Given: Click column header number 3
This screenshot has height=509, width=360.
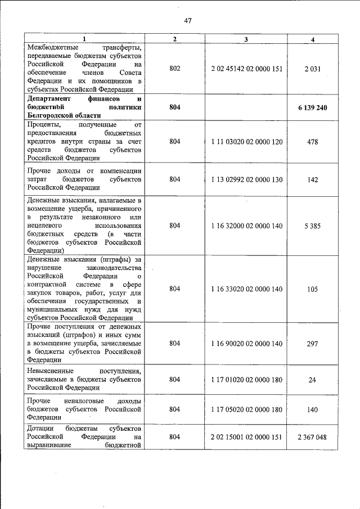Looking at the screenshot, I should [246, 39].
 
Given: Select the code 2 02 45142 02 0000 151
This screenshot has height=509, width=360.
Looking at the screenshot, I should [246, 69].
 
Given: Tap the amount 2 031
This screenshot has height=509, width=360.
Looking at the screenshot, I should [313, 69].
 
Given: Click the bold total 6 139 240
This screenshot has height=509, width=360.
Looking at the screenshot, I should [313, 107].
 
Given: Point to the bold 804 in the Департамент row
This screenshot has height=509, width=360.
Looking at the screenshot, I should [175, 107].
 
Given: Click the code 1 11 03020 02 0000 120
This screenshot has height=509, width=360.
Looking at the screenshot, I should [246, 142].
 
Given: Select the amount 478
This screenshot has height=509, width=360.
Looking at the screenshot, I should [313, 142].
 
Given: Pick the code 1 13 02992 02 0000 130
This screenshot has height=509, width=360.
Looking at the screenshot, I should [246, 179].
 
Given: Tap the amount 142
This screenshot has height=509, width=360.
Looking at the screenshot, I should [313, 179].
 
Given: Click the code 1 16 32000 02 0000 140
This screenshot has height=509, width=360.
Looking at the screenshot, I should [246, 225].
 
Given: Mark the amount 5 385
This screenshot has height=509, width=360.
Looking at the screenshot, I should [313, 225].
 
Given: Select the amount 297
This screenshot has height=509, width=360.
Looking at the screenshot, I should [313, 343].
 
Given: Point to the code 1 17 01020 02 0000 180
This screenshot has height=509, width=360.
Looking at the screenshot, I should [246, 380].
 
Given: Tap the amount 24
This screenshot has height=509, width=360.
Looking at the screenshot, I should [313, 380].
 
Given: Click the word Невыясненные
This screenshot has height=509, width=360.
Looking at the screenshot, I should [52, 371].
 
